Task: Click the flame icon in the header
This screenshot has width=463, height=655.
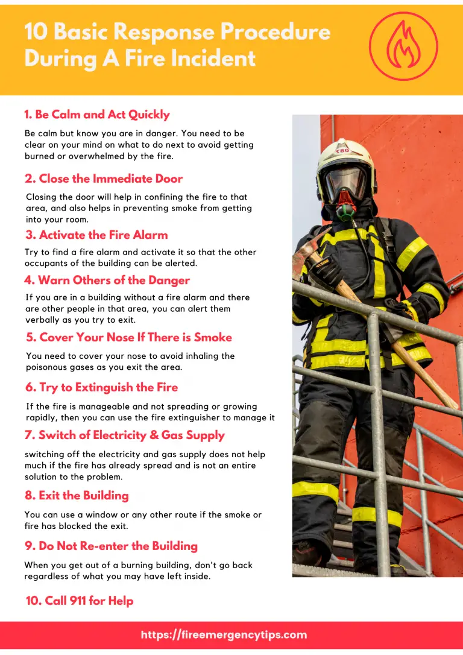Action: pyautogui.click(x=403, y=47)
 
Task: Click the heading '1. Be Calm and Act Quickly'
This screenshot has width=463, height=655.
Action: pyautogui.click(x=97, y=115)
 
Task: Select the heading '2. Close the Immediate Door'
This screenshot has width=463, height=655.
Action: pyautogui.click(x=104, y=179)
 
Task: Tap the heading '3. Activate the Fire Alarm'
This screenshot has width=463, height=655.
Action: pyautogui.click(x=96, y=235)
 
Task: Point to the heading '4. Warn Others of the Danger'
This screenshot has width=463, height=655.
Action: pyautogui.click(x=107, y=280)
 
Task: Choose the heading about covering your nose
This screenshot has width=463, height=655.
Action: pyautogui.click(x=129, y=337)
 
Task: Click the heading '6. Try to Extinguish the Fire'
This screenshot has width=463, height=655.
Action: pyautogui.click(x=101, y=387)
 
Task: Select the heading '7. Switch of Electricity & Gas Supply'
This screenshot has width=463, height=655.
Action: pyautogui.click(x=125, y=435)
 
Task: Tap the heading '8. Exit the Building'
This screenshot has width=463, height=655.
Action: pyautogui.click(x=77, y=495)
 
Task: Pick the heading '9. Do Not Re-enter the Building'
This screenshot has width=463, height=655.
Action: pyautogui.click(x=111, y=546)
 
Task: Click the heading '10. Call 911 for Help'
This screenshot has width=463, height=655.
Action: pyautogui.click(x=80, y=601)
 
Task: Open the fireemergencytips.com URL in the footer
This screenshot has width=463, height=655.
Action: pyautogui.click(x=224, y=634)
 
